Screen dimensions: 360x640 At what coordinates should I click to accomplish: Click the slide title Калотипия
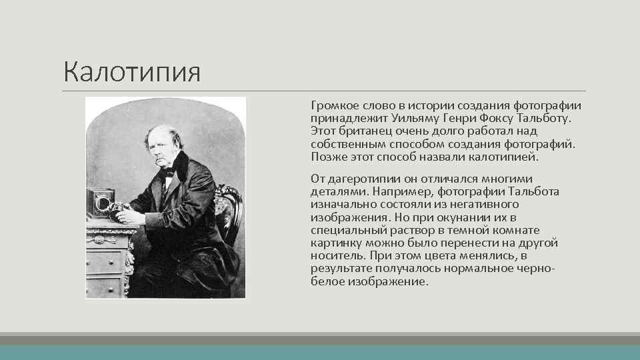click(x=131, y=71)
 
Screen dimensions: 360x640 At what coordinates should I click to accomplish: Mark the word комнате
click(x=513, y=230)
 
